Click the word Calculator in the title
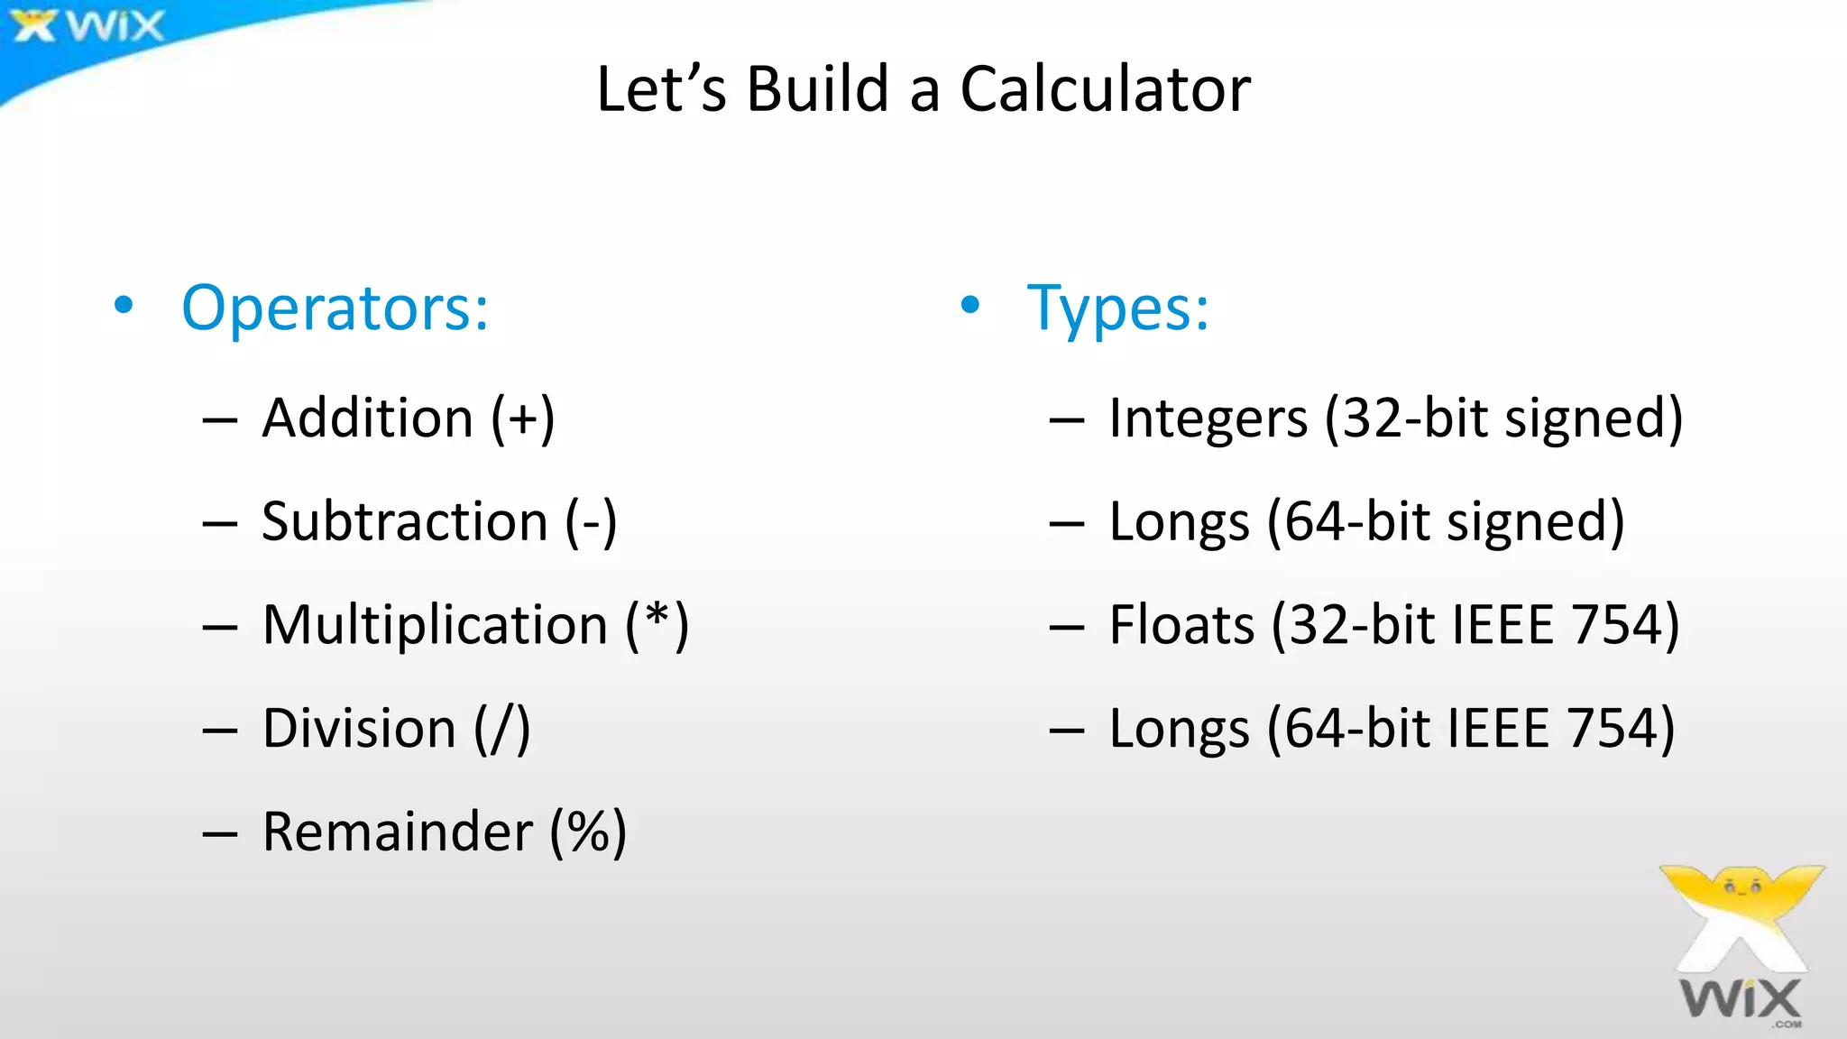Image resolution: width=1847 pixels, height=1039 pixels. pyautogui.click(x=1105, y=89)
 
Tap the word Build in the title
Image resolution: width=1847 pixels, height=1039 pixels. pyautogui.click(x=818, y=89)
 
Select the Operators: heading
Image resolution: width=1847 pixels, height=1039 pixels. pyautogui.click(x=335, y=308)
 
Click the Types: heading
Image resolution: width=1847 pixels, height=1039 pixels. pyautogui.click(x=1117, y=308)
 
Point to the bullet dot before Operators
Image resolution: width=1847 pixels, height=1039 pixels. pyautogui.click(x=124, y=305)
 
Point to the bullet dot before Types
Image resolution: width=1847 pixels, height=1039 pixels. pyautogui.click(x=969, y=305)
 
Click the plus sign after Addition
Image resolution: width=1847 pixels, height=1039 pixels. pyautogui.click(x=523, y=419)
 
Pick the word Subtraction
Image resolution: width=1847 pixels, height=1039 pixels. pyautogui.click(x=404, y=521)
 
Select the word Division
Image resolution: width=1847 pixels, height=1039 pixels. pyautogui.click(x=359, y=729)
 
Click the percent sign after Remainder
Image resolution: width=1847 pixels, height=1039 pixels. pyautogui.click(x=588, y=832)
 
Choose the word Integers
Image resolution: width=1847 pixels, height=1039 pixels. pyautogui.click(x=1208, y=419)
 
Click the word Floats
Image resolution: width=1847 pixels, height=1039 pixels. pyautogui.click(x=1181, y=625)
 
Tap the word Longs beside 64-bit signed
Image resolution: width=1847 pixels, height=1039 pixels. pyautogui.click(x=1179, y=523)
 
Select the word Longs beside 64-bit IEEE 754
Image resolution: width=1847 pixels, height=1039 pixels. pyautogui.click(x=1179, y=729)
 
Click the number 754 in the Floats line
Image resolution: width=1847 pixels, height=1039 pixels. pyautogui.click(x=1614, y=625)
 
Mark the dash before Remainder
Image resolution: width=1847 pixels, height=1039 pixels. pyautogui.click(x=220, y=834)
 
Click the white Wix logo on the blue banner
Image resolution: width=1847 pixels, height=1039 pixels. pyautogui.click(x=88, y=26)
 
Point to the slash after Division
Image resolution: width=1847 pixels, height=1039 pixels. pyautogui.click(x=502, y=729)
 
